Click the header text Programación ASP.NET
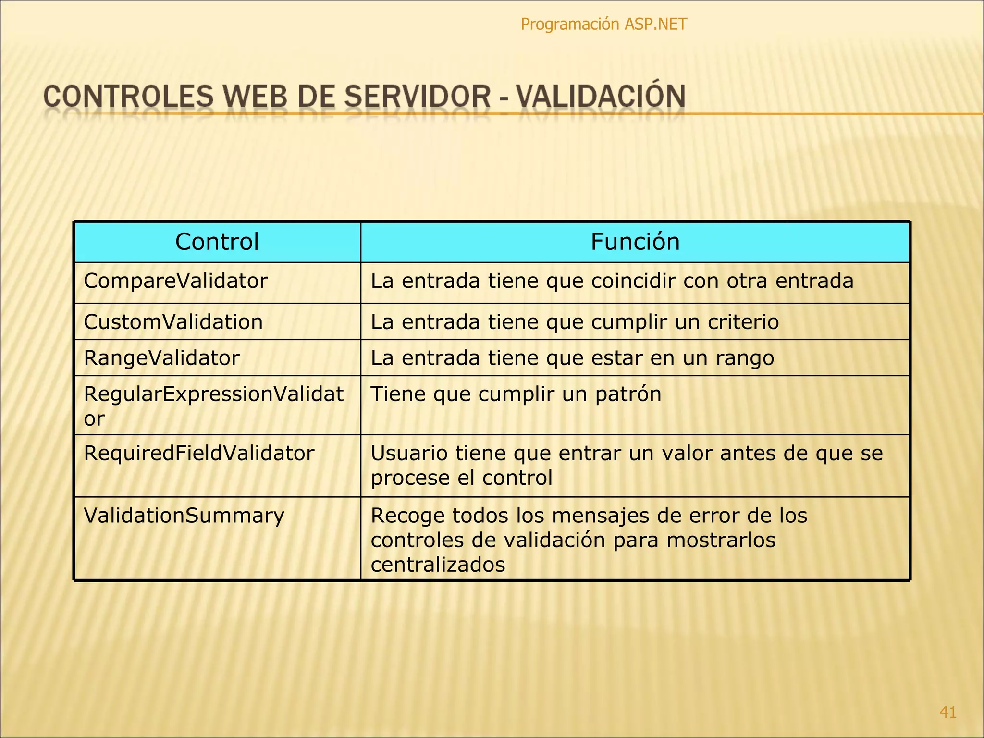[x=603, y=24]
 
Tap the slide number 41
[x=947, y=712]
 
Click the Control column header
[x=217, y=242]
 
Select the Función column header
[x=635, y=242]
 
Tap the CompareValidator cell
[x=175, y=281]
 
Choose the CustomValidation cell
[x=173, y=322]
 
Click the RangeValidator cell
[x=161, y=358]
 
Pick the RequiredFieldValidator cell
[x=199, y=453]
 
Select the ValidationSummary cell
[x=184, y=516]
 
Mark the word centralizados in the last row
[x=438, y=565]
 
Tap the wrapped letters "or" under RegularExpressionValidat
[x=94, y=419]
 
